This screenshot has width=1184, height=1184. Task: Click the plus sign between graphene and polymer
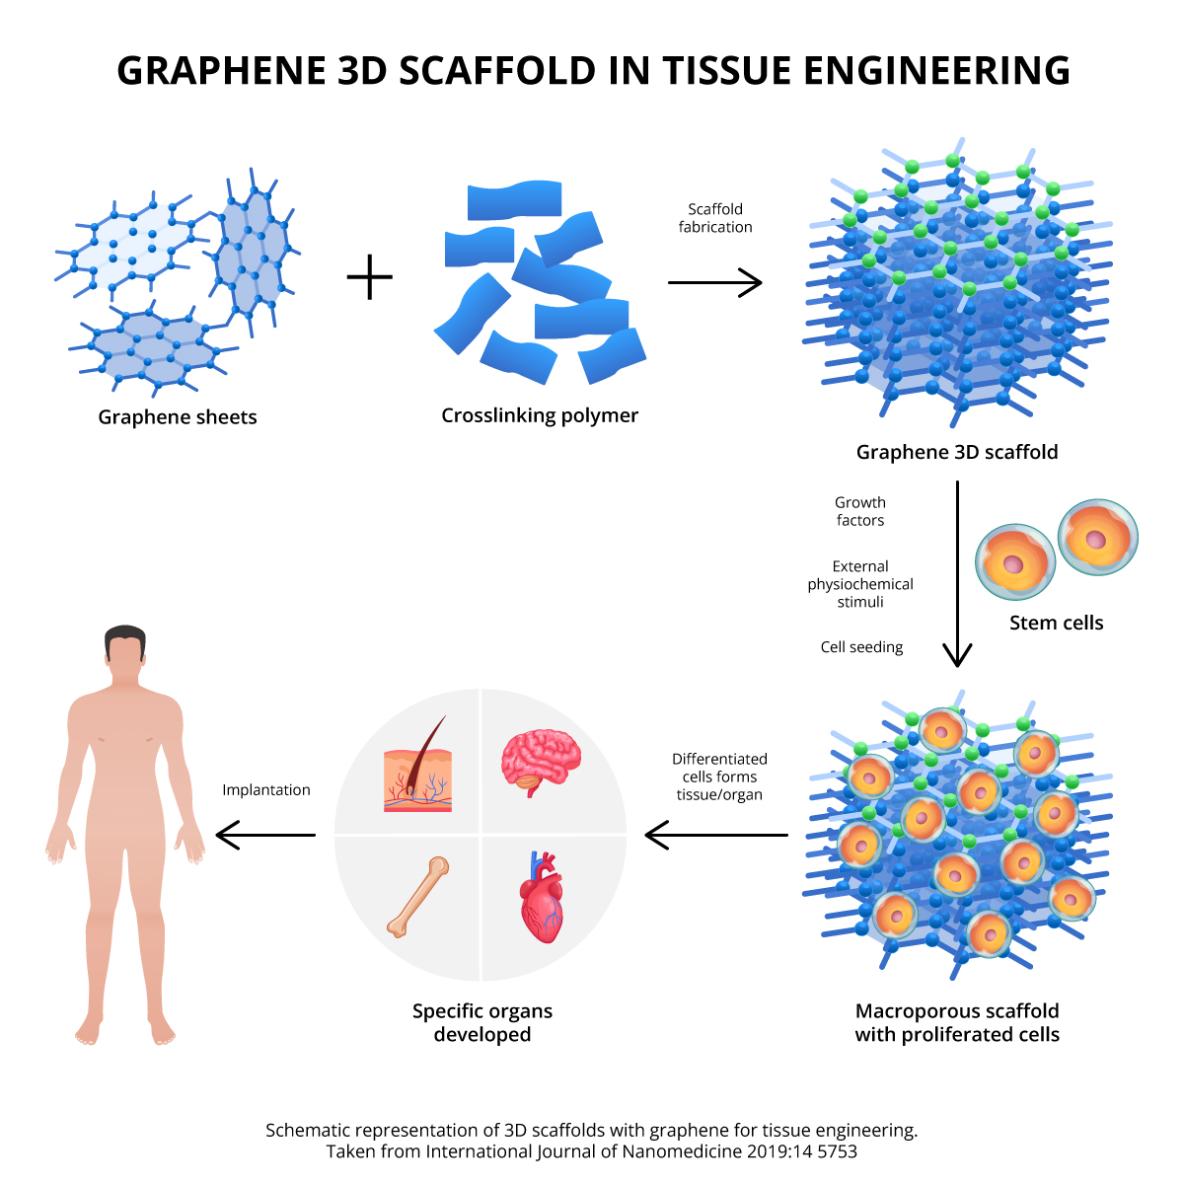tap(370, 277)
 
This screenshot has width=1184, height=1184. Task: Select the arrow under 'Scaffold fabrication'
tap(715, 283)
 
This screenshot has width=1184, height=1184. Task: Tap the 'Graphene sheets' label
tap(178, 417)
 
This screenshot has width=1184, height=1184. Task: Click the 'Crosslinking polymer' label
tap(540, 415)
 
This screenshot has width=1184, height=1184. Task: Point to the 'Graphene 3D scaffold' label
tap(957, 452)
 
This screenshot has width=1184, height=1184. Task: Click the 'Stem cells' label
tap(1056, 623)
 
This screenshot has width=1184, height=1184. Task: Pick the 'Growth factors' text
tap(860, 511)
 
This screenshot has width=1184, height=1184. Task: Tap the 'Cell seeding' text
tap(861, 647)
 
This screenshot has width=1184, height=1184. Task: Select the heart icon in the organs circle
tap(542, 896)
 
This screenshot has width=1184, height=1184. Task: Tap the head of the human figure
tap(125, 651)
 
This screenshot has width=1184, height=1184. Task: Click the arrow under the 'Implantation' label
tap(265, 836)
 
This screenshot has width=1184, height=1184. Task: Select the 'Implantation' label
tap(266, 790)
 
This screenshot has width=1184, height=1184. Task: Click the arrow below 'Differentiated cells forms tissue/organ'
tap(716, 836)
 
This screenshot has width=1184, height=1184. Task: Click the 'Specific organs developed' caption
tap(482, 1022)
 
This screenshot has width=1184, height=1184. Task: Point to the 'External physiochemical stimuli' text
tap(860, 584)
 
